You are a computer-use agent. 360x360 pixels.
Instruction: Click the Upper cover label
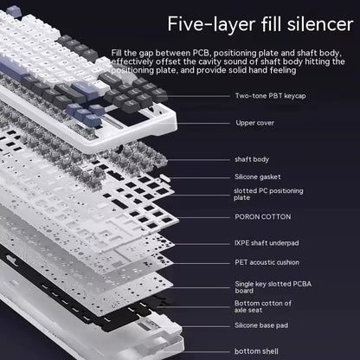[255, 122]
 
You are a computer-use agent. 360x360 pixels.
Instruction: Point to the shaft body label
[252, 159]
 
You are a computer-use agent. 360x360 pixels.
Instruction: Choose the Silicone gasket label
[259, 177]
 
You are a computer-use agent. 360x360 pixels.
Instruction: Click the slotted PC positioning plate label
[267, 194]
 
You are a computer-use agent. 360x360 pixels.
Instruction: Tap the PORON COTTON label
[262, 216]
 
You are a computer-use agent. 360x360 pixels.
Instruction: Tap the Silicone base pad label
[263, 325]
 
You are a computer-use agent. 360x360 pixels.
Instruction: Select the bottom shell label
[256, 350]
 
